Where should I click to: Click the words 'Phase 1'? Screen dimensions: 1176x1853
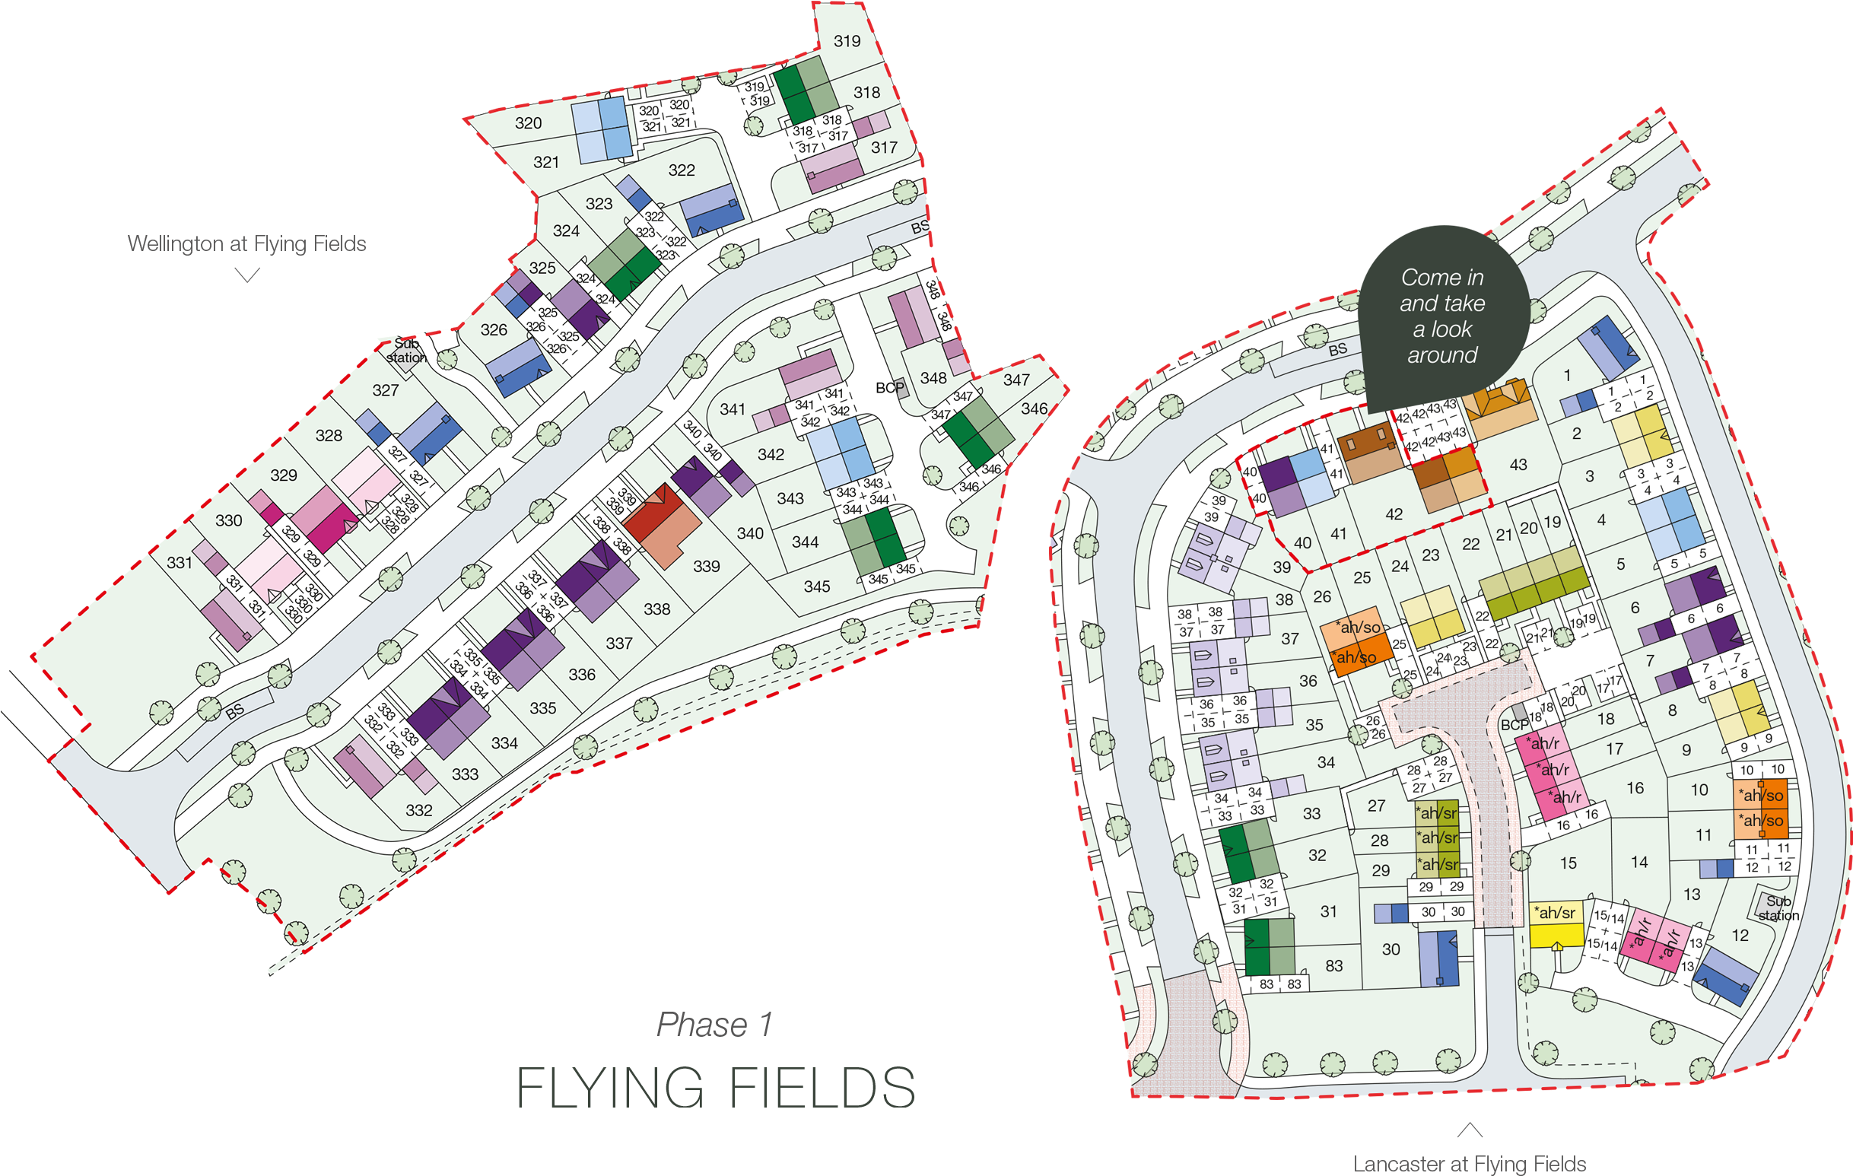[714, 1025]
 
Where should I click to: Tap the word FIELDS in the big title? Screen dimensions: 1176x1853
[822, 1089]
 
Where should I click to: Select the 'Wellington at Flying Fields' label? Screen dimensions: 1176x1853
[246, 244]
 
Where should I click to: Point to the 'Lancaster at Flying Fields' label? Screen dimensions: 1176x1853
[1469, 1164]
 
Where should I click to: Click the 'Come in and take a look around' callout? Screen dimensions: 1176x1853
[1442, 316]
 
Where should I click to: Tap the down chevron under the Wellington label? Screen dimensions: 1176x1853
[246, 275]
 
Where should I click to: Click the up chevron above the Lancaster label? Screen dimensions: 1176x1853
[1469, 1130]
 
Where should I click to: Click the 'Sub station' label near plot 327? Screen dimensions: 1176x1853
[405, 351]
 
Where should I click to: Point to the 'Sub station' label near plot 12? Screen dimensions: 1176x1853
[1778, 908]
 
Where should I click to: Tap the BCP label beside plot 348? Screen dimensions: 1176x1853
[889, 388]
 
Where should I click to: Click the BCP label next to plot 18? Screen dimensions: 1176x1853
[1515, 725]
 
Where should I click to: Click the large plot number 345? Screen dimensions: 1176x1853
[816, 586]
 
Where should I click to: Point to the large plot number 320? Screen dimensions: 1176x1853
[528, 123]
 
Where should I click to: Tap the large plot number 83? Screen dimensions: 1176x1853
[1333, 966]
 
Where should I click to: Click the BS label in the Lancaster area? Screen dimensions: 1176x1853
[1337, 349]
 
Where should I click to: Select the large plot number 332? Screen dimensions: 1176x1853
[418, 810]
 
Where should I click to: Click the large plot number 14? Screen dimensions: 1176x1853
[1639, 863]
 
